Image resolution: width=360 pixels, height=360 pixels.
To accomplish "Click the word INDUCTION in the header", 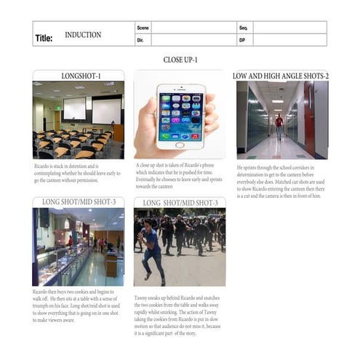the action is coord(83,34).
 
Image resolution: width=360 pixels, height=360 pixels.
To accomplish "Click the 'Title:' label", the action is coord(44,38).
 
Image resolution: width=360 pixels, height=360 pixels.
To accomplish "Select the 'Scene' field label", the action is coord(143,28).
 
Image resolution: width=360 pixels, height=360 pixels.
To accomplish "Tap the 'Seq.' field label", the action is coord(243,28).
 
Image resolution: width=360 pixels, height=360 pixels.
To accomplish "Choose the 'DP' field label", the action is coord(242,40).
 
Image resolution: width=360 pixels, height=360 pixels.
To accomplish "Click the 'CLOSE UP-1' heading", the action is coord(180,60).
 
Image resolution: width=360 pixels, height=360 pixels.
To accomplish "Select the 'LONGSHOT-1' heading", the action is coord(78,76).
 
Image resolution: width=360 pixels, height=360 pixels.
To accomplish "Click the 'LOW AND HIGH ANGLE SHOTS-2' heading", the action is coord(281,76).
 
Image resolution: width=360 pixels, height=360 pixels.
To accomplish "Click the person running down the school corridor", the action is coord(279,125).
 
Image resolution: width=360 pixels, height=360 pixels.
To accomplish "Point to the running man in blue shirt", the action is coord(153,251).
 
